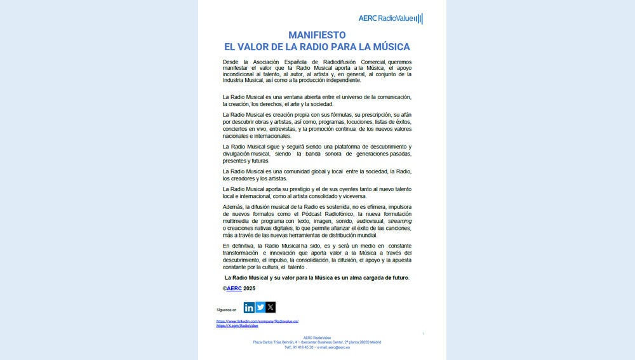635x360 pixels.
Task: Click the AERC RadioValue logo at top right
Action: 391,18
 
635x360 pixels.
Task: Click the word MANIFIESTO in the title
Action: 316,35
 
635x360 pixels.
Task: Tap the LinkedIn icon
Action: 249,307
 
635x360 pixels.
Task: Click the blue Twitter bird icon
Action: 260,307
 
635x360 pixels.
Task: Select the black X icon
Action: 271,307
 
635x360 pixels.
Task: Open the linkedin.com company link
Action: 257,321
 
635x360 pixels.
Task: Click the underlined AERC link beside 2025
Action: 234,288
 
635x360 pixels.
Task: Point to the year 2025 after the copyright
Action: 249,288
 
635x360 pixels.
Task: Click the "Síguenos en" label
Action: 226,310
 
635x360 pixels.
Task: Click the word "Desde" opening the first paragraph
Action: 231,61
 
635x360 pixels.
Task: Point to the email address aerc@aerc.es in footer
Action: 341,347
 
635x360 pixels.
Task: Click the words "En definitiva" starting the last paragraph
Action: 238,245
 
